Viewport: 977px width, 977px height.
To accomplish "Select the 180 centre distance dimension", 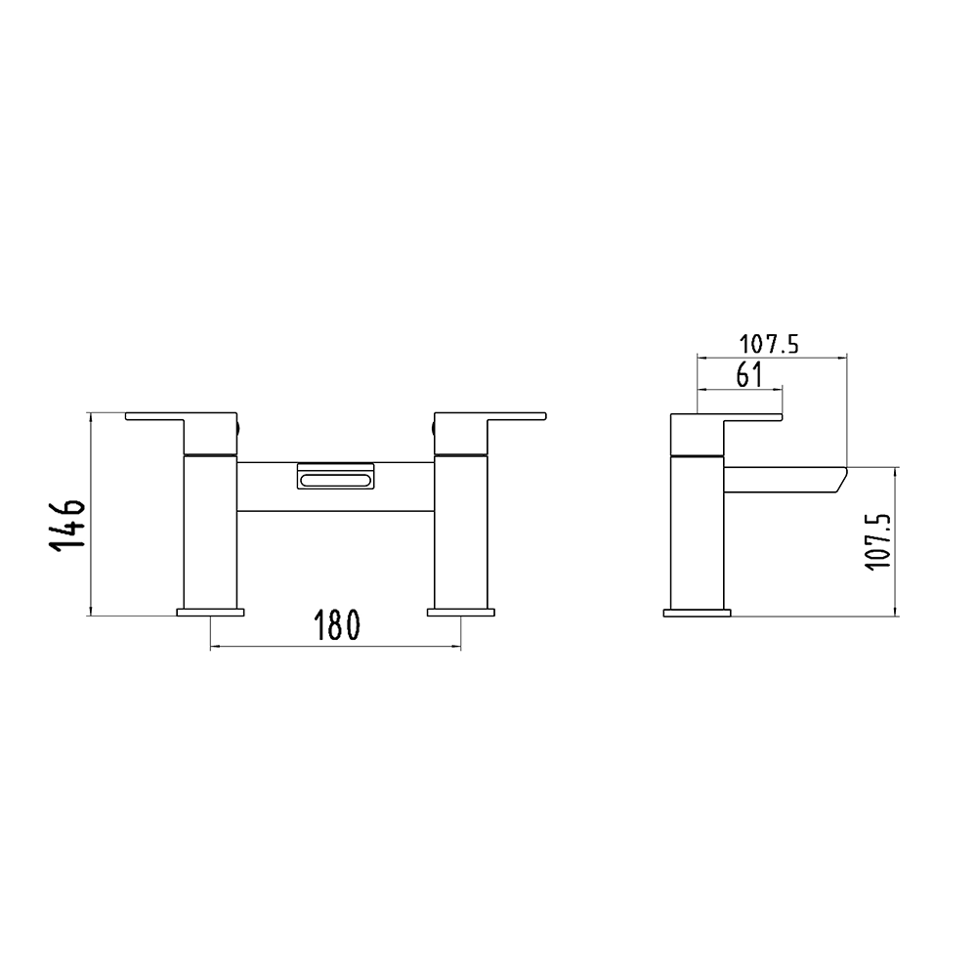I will coord(333,626).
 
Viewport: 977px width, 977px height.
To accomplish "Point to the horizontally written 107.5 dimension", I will coord(769,343).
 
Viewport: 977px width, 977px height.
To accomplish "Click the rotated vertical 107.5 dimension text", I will coord(876,538).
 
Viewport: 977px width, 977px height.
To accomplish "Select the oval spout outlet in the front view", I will coord(334,478).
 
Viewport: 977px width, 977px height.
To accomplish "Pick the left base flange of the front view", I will coord(210,613).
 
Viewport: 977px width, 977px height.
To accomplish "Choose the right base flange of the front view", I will coord(460,613).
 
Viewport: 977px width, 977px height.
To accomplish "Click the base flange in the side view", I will coord(697,613).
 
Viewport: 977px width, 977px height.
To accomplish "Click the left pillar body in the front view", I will coord(210,532).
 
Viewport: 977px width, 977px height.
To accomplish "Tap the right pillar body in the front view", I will coord(460,532).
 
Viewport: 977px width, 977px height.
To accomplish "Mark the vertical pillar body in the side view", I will coord(697,532).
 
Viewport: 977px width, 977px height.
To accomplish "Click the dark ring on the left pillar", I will coord(210,455).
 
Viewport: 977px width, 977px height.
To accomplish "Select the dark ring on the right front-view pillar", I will coord(460,455).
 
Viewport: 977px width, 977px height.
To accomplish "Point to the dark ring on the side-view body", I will coord(697,455).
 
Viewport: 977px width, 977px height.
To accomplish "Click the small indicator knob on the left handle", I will coord(239,426).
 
